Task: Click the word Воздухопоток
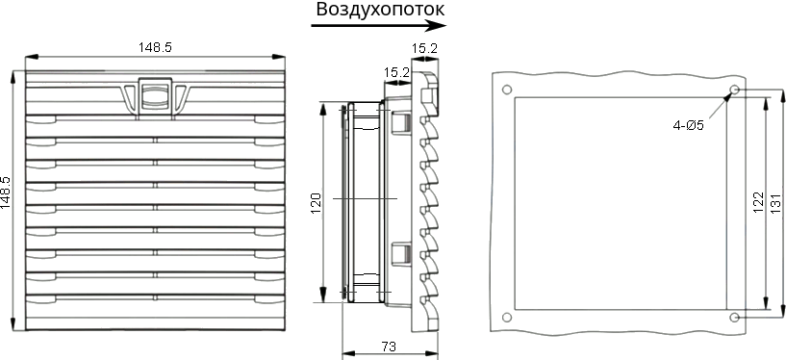tap(380, 10)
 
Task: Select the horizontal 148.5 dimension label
tap(156, 47)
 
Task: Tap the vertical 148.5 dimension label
tap(6, 193)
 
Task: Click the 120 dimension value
tap(317, 203)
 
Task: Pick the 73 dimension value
tap(389, 347)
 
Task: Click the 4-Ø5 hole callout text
tap(688, 125)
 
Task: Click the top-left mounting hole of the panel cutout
tap(507, 90)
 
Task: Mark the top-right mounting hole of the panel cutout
tap(734, 90)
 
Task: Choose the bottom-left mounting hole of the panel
tap(507, 318)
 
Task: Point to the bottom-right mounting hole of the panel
tap(734, 318)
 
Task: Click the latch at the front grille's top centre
tap(155, 94)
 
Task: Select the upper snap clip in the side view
tap(399, 123)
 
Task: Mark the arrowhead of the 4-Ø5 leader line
tap(728, 95)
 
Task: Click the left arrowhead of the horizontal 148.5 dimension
tap(31, 56)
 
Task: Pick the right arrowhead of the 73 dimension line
tap(432, 353)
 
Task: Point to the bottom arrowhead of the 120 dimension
tap(323, 295)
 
